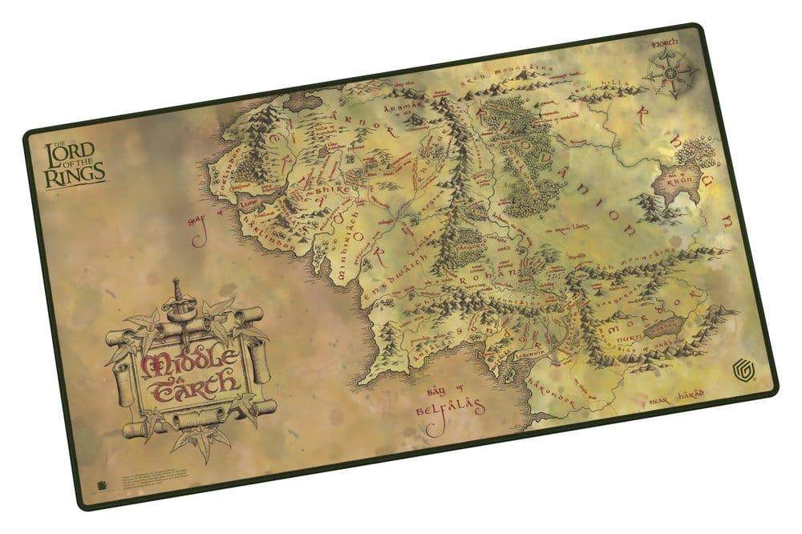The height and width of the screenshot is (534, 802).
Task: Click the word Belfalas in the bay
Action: tap(451, 410)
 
